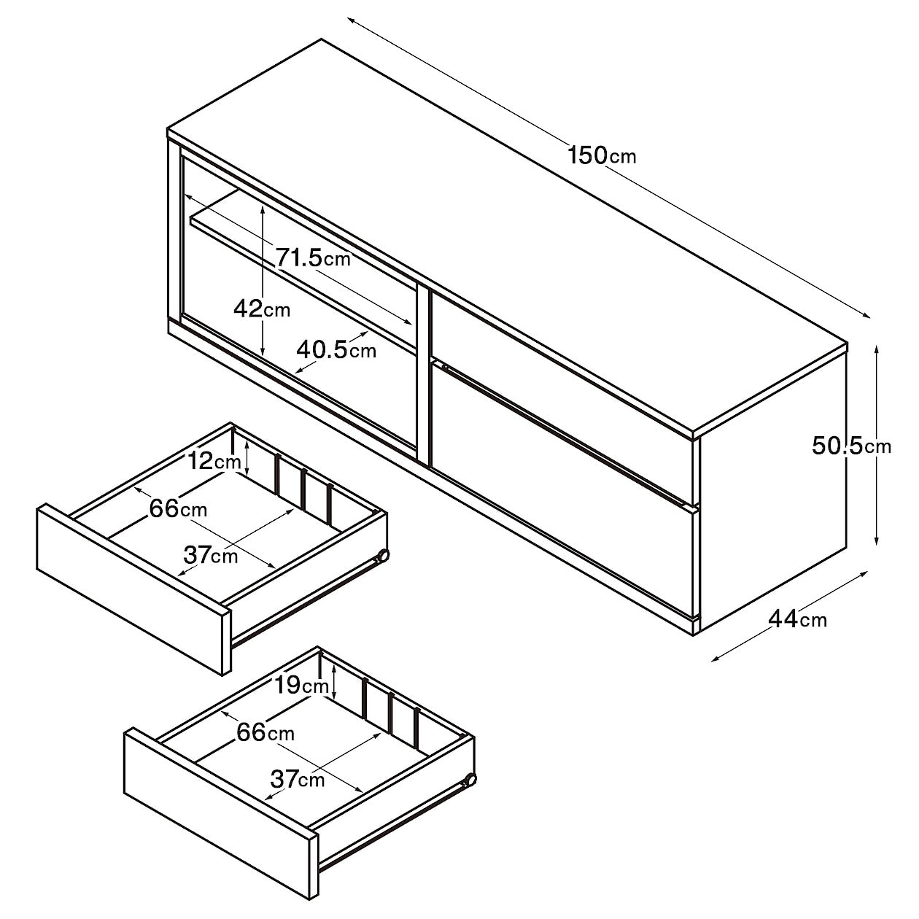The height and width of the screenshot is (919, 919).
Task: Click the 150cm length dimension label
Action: (x=602, y=155)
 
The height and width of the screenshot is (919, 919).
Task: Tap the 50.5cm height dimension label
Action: (x=851, y=446)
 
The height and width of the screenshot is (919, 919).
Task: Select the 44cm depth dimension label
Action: (x=798, y=619)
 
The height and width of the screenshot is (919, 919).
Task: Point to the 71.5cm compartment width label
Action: (x=313, y=258)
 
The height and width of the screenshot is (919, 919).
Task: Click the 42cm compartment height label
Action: (x=262, y=309)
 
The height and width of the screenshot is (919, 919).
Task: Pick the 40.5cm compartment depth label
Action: (x=336, y=351)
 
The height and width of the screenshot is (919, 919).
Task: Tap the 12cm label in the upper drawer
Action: (x=214, y=461)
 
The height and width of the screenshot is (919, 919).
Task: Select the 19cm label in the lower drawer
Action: (x=302, y=686)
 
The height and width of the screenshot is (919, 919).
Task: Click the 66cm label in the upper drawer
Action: (x=179, y=508)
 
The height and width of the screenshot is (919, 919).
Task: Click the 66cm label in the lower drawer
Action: (x=265, y=732)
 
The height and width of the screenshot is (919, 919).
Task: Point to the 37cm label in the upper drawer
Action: (x=210, y=554)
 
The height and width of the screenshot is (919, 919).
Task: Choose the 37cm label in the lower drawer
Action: (x=298, y=779)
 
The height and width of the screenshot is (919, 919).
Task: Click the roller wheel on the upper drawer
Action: (x=382, y=556)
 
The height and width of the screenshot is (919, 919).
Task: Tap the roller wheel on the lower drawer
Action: (x=470, y=780)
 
